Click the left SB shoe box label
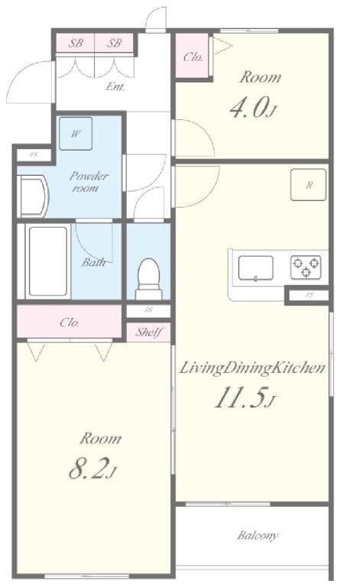click(x=76, y=44)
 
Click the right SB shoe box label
click(x=114, y=44)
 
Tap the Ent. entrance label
click(x=115, y=86)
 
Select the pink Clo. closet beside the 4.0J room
click(x=193, y=57)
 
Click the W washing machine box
click(x=76, y=133)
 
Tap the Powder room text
click(x=89, y=181)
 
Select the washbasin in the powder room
click(x=33, y=196)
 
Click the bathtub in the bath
click(x=48, y=261)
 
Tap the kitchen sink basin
click(x=255, y=268)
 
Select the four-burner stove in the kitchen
click(x=306, y=268)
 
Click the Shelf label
click(x=148, y=332)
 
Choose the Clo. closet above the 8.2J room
click(x=70, y=322)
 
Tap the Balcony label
click(x=257, y=535)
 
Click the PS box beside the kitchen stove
click(x=310, y=294)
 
